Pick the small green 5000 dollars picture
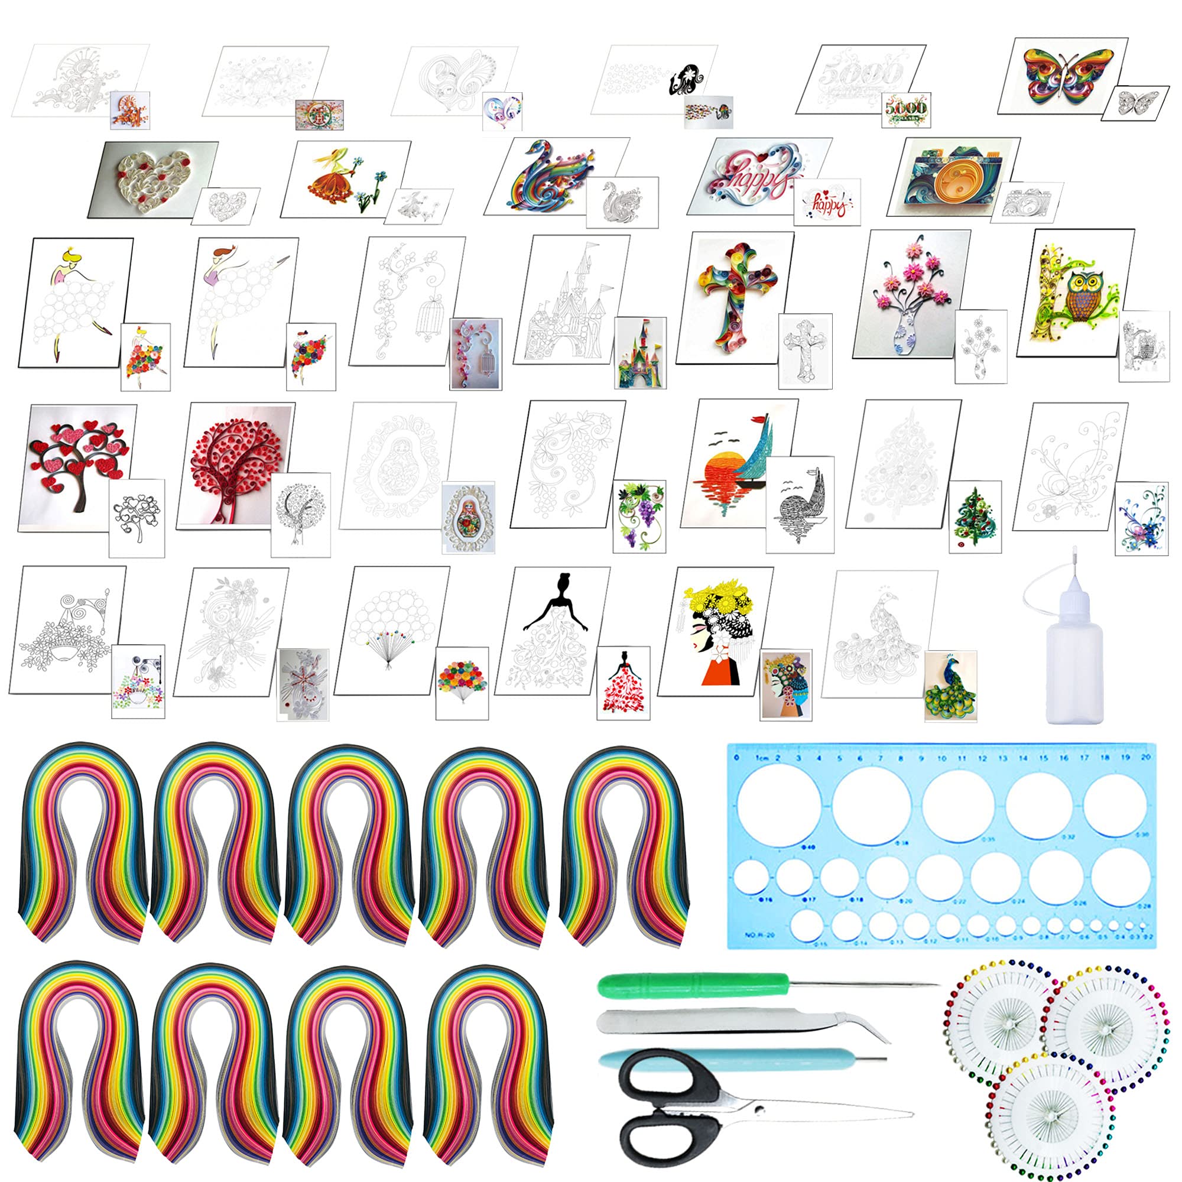pos(906,109)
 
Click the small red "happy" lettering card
pos(827,203)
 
